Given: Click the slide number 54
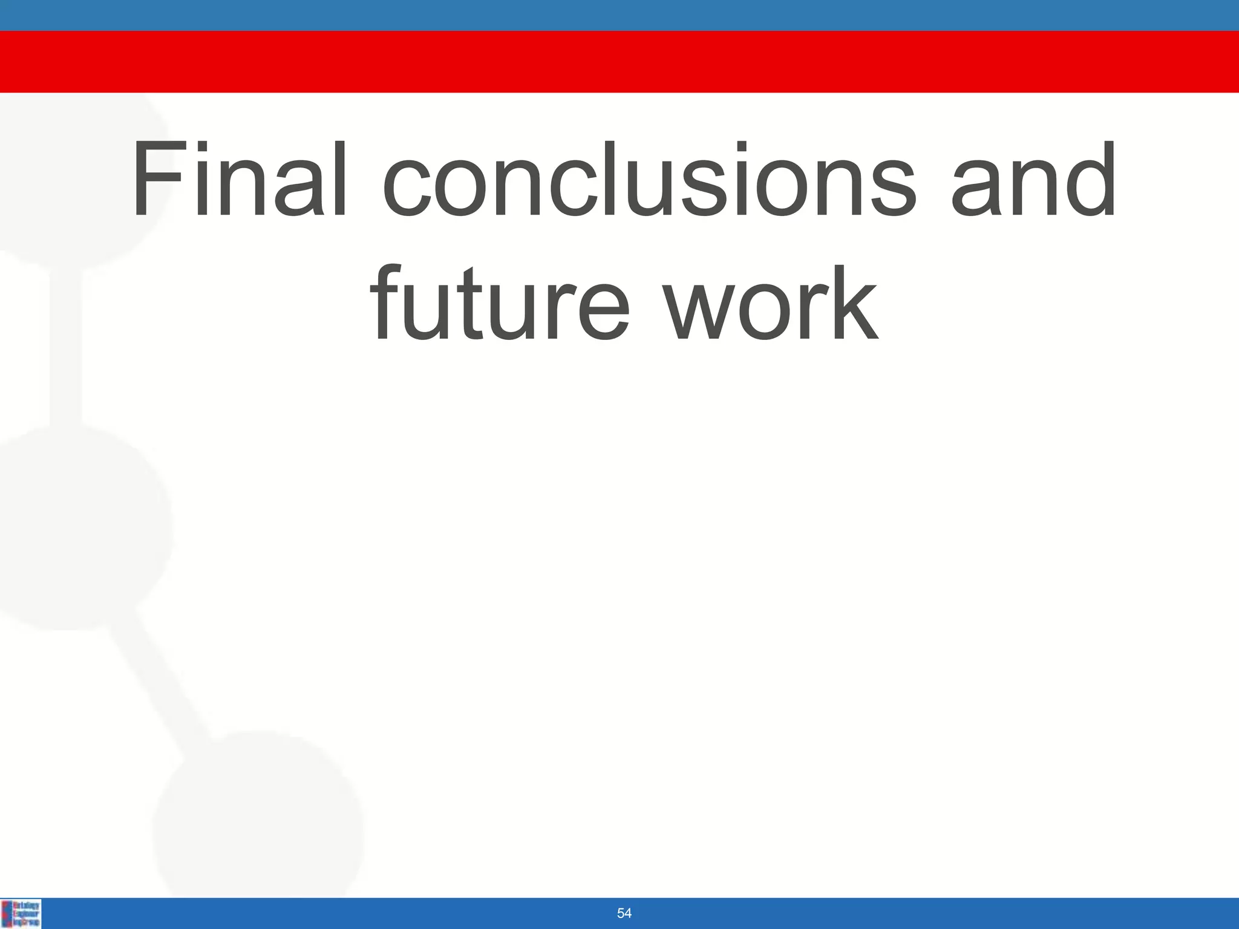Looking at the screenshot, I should tap(624, 913).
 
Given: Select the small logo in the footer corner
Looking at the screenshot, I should tap(21, 913).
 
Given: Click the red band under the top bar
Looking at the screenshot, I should tap(619, 62).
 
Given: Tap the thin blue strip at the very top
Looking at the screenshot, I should tap(619, 15).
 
